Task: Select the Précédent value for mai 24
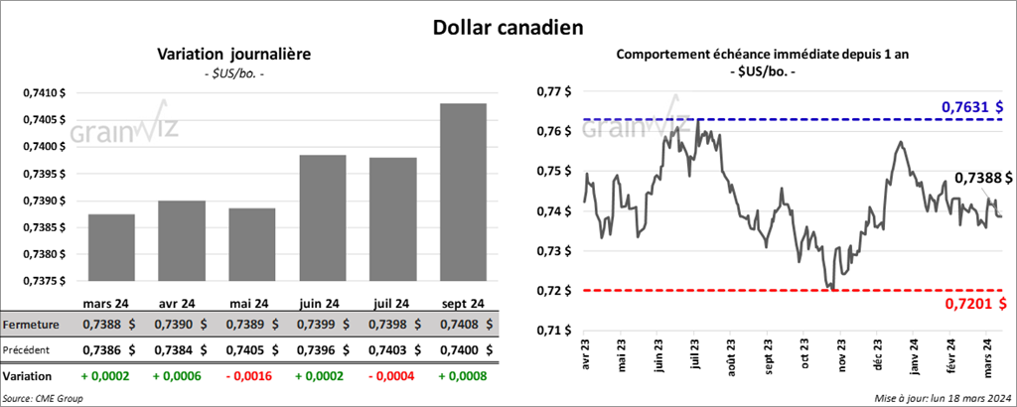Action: pos(242,349)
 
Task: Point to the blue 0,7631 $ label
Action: pos(971,106)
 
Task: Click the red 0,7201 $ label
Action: pos(971,304)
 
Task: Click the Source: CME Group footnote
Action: pos(44,398)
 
